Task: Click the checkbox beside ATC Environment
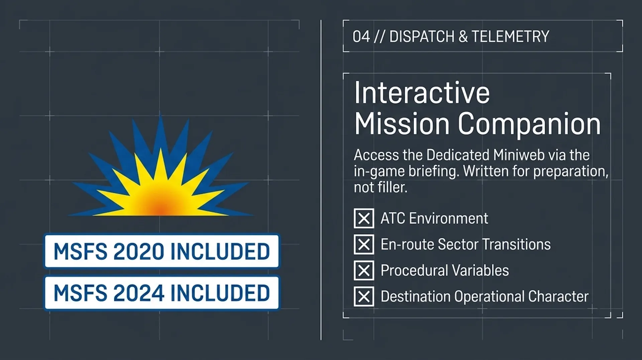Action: (x=364, y=218)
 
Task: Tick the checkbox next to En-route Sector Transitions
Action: (x=364, y=244)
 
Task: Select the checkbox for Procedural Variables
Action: (x=364, y=270)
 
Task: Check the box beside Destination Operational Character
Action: (x=364, y=296)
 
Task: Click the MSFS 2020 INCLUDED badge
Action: (x=162, y=251)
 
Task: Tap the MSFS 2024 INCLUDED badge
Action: (x=162, y=293)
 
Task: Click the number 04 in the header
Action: (x=361, y=36)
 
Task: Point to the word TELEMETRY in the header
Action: (x=511, y=36)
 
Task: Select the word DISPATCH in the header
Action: (x=422, y=36)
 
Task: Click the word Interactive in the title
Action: (x=422, y=93)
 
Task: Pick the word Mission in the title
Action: (x=402, y=123)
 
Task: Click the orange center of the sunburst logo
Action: (x=160, y=208)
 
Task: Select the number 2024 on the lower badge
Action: (x=139, y=293)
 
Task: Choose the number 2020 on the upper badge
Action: (x=139, y=251)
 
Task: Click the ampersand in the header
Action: (x=463, y=36)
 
